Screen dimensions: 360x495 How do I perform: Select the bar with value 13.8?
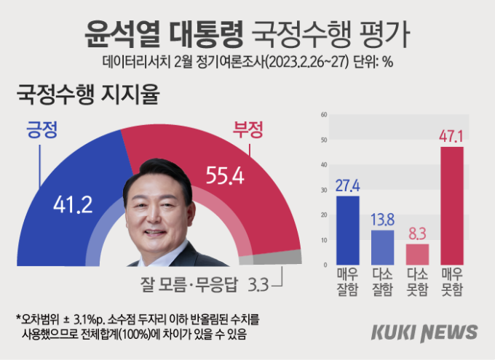pyautogui.click(x=383, y=247)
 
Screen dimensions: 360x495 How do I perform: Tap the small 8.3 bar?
pyautogui.click(x=417, y=255)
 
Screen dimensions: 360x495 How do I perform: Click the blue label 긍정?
pyautogui.click(x=41, y=130)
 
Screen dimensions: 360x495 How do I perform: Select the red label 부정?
pyautogui.click(x=247, y=130)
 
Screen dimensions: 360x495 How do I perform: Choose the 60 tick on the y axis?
pyautogui.click(x=323, y=115)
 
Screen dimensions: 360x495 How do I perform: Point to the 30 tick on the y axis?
pyautogui.click(x=323, y=190)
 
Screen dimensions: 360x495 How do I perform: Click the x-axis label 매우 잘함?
pyautogui.click(x=348, y=282)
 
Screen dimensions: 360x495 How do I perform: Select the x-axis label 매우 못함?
pyautogui.click(x=452, y=282)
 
